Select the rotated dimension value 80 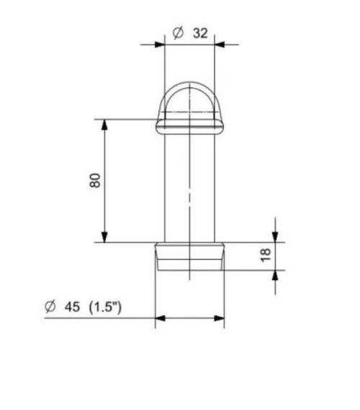95,181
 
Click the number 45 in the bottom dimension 72,307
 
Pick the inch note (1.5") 105,307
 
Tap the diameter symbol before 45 50,307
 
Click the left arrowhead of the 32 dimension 160,44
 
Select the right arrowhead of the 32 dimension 220,44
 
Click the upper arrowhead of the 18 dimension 274,236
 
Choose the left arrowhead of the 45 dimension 161,317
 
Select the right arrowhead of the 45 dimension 219,317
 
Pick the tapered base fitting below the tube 190,256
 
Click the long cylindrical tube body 190,187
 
